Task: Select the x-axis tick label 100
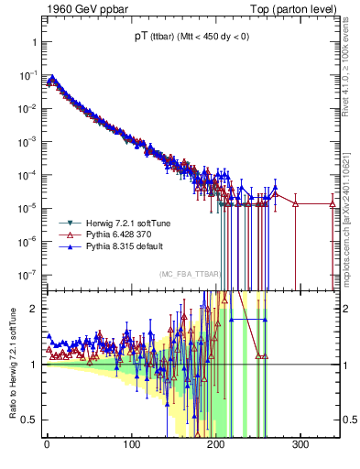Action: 131,444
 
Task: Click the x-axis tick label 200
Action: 216,444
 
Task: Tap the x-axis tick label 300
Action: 301,444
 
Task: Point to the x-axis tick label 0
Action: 47,444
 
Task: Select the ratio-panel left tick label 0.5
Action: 28,420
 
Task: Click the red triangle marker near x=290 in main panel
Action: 295,203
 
